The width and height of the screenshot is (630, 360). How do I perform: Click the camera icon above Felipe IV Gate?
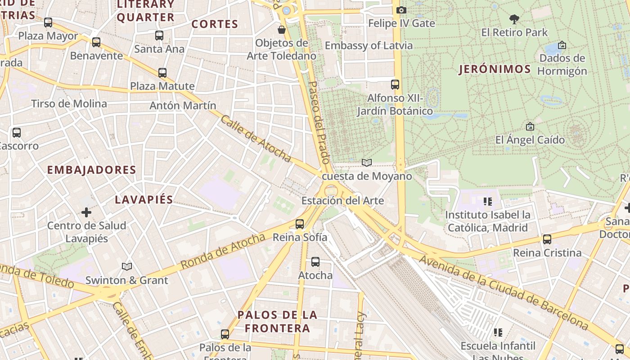[401, 10]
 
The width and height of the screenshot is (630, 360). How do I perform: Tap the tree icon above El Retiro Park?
[514, 19]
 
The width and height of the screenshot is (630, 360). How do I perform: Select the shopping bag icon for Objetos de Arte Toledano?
[282, 30]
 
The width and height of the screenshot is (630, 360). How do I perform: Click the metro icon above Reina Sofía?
[300, 224]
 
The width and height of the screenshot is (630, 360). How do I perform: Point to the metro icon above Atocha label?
[315, 261]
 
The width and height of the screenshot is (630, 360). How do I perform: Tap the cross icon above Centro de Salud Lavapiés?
[86, 212]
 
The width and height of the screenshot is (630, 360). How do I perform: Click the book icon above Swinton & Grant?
[127, 267]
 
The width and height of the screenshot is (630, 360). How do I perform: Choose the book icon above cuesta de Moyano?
[367, 162]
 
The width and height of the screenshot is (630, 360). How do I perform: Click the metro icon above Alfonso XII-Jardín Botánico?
[395, 84]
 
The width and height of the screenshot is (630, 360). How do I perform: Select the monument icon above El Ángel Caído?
[530, 126]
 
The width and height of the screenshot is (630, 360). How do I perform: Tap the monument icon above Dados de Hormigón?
[562, 45]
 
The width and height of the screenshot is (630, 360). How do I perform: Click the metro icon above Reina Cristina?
[547, 239]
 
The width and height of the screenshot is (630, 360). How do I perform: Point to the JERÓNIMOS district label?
[495, 69]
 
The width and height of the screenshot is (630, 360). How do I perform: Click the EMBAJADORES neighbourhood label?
[91, 170]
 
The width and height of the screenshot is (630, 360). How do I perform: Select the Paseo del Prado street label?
[319, 122]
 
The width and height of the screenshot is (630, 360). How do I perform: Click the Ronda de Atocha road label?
[223, 251]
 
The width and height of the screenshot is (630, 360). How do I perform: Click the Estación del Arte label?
[342, 201]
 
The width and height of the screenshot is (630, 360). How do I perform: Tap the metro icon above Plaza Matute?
[162, 72]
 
